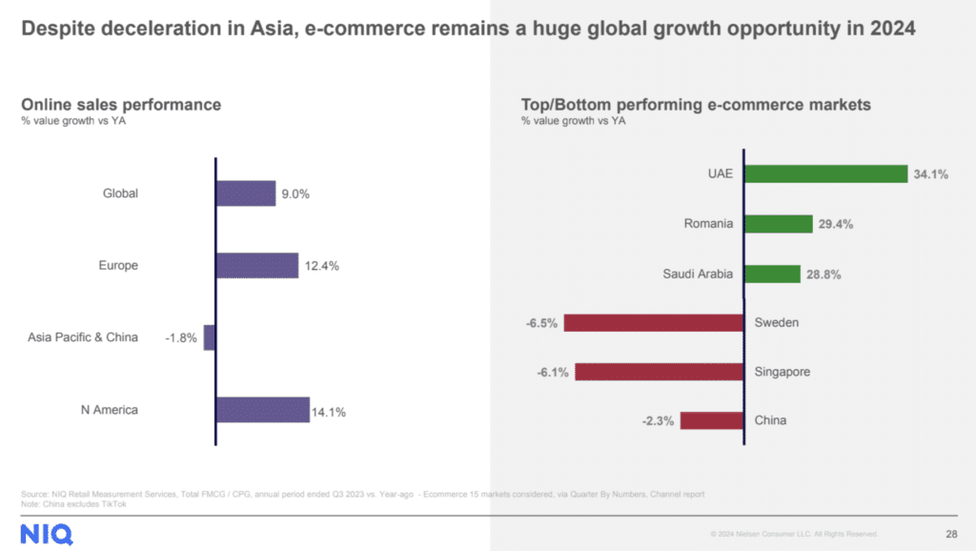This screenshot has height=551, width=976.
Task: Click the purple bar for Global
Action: point(246,194)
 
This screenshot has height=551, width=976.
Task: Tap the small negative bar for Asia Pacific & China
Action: point(210,337)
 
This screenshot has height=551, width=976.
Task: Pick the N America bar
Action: point(263,410)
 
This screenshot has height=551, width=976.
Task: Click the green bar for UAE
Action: point(825,173)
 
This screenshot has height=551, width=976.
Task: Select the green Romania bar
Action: point(778,224)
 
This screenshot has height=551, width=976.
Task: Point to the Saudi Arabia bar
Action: point(772,275)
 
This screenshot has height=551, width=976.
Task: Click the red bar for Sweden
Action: point(654,322)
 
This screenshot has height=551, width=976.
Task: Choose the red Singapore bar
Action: point(660,371)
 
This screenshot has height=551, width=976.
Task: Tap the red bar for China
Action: point(712,420)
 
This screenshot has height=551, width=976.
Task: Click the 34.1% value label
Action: point(931,174)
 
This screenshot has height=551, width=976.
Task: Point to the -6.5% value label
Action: point(541,322)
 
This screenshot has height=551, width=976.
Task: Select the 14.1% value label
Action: point(328,413)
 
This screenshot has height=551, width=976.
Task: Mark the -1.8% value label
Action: point(182,337)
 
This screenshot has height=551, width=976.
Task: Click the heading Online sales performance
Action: point(121,104)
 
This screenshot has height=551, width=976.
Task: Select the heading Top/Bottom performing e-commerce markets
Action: point(696,104)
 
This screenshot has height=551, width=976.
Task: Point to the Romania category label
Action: point(708,224)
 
